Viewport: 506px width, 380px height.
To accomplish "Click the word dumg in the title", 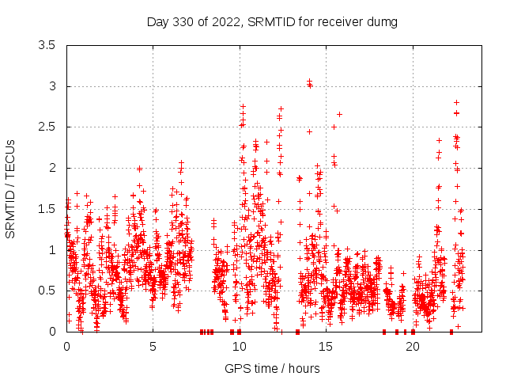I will tap(382, 21).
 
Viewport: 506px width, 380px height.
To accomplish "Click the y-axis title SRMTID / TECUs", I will tap(10, 188).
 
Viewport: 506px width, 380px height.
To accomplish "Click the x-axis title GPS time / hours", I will tap(272, 368).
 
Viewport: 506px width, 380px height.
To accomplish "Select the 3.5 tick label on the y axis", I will tap(47, 46).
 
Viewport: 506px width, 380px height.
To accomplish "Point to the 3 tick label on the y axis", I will tap(52, 86).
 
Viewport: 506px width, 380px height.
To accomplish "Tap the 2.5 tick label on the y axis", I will tap(47, 127).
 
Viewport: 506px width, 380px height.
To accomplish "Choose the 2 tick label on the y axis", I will tap(52, 168).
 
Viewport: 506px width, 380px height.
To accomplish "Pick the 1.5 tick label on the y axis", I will tap(47, 209).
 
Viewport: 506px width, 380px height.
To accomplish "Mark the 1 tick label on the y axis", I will tap(52, 250).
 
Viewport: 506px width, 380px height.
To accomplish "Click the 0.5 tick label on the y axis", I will tap(47, 291).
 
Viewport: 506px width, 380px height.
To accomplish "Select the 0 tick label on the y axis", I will tap(52, 332).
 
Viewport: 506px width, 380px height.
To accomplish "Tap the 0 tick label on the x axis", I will tap(66, 347).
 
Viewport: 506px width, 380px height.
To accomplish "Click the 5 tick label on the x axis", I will tap(153, 347).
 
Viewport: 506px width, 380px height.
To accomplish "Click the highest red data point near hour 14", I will tap(309, 81).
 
